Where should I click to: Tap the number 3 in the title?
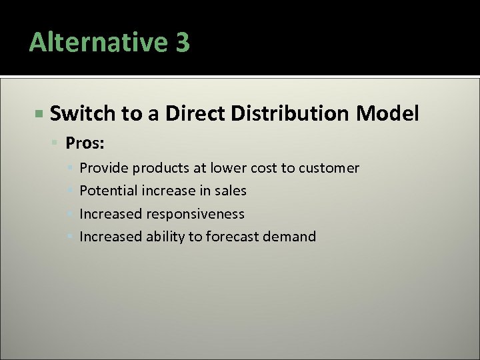pos(183,43)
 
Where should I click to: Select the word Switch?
pos(83,114)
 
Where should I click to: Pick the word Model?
pos(387,114)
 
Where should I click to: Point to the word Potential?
pos(109,191)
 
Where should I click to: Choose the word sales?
pos(231,191)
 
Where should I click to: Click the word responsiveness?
pos(196,214)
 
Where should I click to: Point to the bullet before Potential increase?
pos(73,191)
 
